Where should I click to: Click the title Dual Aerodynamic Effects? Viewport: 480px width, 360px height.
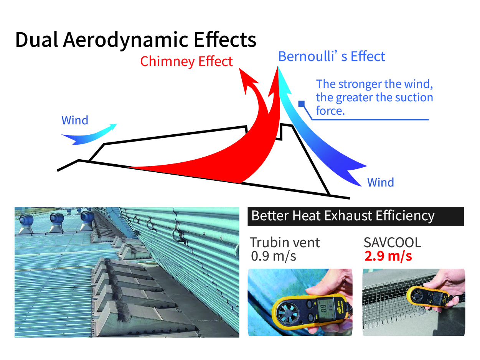(135, 40)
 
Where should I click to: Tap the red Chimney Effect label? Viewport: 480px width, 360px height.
(186, 61)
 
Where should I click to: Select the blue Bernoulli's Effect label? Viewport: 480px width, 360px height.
(331, 56)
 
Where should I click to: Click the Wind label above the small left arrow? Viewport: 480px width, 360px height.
(75, 120)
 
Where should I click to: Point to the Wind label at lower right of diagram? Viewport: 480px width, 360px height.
(381, 182)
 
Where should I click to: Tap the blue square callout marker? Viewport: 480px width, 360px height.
(301, 104)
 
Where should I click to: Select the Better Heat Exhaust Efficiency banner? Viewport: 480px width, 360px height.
(356, 216)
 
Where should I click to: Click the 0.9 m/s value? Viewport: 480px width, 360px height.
(273, 256)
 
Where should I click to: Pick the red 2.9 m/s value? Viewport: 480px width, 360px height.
(388, 256)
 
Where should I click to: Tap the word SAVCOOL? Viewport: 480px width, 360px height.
(393, 242)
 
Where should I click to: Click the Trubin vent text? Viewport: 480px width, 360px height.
(285, 242)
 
